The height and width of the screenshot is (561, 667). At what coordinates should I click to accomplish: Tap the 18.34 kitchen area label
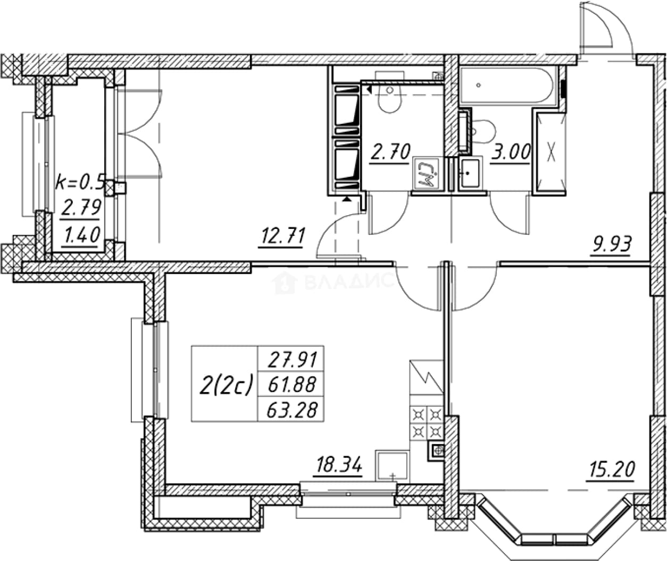339,465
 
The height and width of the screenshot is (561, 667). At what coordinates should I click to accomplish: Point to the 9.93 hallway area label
611,245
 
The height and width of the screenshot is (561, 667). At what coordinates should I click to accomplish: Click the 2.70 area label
390,152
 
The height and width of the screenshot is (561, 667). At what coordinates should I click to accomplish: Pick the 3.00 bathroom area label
511,152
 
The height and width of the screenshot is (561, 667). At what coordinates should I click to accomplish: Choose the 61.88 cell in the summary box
292,385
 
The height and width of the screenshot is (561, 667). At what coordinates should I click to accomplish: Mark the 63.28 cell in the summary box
292,410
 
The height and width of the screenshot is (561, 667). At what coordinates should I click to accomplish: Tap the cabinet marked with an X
550,152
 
